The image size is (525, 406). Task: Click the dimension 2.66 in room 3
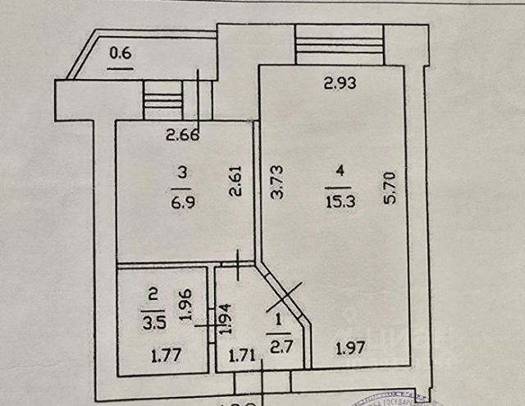coord(183,136)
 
